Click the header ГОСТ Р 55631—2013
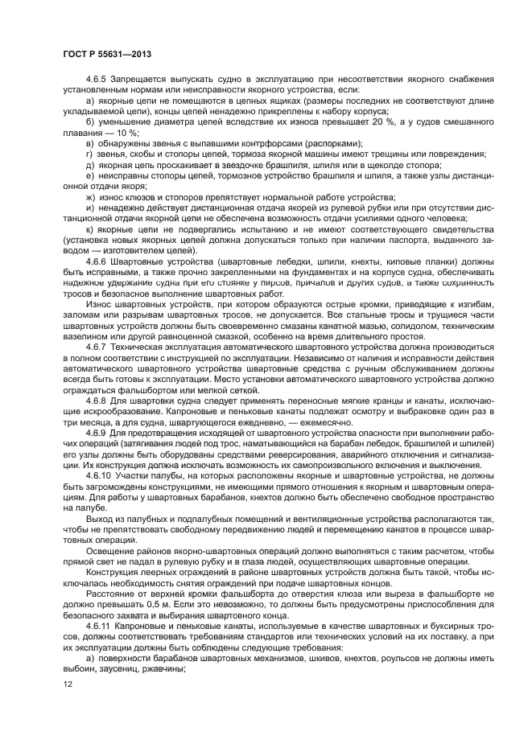[x=106, y=53]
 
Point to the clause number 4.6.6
[x=98, y=262]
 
